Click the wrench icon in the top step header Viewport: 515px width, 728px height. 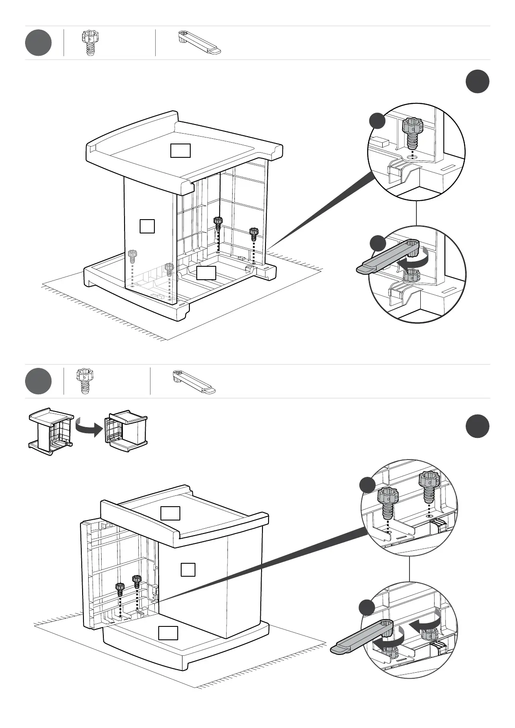199,42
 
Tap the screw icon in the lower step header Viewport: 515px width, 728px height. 83,380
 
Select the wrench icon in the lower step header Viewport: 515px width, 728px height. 194,381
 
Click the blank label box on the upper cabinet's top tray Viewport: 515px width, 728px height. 180,150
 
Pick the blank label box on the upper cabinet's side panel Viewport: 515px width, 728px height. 147,226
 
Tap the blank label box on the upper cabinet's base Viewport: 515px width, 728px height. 206,273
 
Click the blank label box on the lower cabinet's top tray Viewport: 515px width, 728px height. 170,513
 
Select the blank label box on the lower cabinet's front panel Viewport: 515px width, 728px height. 188,569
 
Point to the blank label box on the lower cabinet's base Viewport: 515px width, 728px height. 168,632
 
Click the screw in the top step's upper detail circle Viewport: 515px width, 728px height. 413,132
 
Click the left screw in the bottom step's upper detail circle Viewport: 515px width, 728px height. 388,502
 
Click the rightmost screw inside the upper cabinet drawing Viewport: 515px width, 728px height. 253,234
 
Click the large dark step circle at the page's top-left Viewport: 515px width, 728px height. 38,42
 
